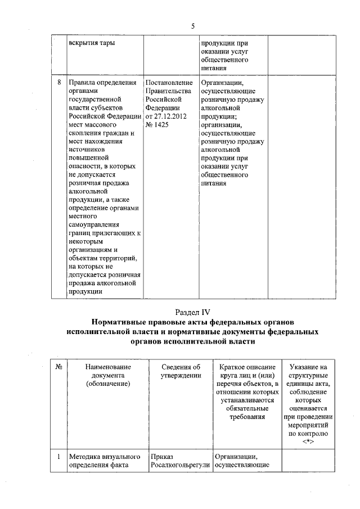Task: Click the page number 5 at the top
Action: (192, 26)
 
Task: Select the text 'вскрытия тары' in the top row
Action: (88, 43)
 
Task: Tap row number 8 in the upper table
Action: (60, 83)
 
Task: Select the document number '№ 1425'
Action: (157, 124)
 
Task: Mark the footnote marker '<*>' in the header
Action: (308, 442)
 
